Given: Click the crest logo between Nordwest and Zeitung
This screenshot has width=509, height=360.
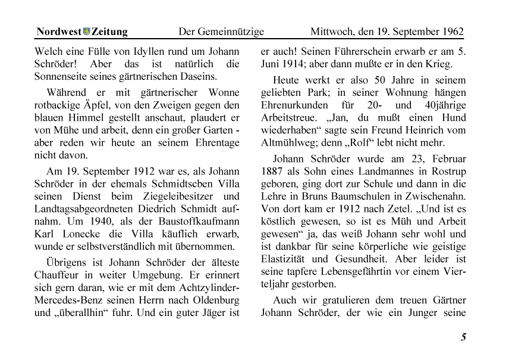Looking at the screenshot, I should tap(87, 32).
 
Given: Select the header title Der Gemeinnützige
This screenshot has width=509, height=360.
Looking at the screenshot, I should tap(221, 32).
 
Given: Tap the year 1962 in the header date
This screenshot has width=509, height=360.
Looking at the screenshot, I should tap(453, 32).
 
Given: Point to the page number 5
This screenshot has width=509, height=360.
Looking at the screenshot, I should tap(463, 338).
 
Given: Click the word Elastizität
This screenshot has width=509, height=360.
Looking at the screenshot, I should tap(284, 260).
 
